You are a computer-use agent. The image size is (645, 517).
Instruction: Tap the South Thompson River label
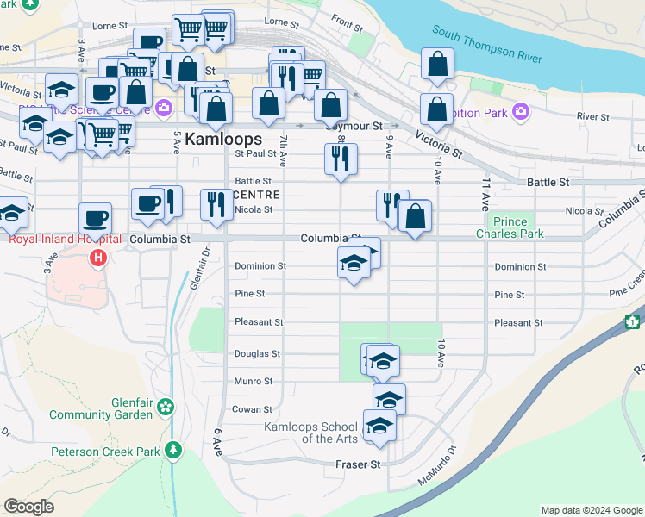(x=488, y=45)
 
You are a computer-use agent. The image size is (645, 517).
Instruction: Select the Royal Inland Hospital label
(x=56, y=240)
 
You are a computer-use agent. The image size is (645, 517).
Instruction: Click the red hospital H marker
(x=99, y=257)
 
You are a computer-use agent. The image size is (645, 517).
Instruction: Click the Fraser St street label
(x=358, y=464)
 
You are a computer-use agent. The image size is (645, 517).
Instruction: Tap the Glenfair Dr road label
(x=197, y=270)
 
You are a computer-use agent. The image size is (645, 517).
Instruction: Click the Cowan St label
(x=253, y=409)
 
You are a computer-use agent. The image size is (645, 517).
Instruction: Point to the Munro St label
(x=254, y=381)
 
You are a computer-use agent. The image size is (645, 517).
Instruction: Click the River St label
(x=593, y=116)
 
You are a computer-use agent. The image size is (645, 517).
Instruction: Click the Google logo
(x=28, y=508)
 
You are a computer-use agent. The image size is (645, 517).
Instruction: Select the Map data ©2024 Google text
(x=592, y=510)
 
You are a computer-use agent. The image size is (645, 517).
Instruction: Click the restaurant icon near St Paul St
(x=341, y=159)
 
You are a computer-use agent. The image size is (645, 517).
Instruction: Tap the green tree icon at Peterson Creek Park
(x=173, y=450)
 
